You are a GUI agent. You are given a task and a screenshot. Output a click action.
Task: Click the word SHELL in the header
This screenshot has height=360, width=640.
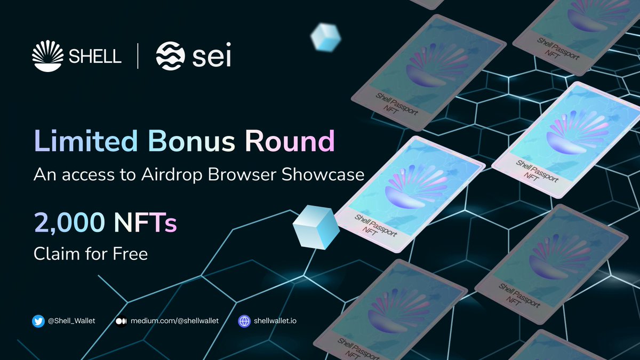[94, 55]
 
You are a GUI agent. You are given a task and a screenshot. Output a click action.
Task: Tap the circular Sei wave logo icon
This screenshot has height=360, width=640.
[170, 55]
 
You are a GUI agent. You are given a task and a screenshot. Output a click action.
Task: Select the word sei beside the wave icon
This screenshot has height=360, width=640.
[211, 56]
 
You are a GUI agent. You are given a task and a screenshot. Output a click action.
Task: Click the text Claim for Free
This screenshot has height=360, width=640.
[91, 253]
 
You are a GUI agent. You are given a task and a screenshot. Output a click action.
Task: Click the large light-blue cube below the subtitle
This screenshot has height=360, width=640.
[316, 227]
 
